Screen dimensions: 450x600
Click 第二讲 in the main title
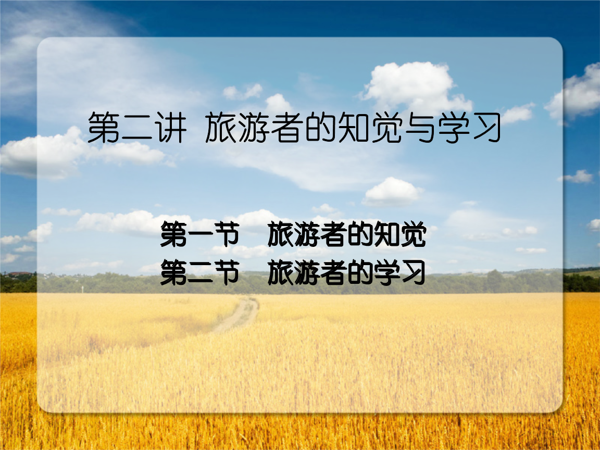pyautogui.click(x=136, y=128)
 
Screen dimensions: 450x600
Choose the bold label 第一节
pyautogui.click(x=199, y=235)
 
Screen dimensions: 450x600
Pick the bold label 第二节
pyautogui.click(x=199, y=273)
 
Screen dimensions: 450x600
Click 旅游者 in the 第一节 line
pyautogui.click(x=307, y=235)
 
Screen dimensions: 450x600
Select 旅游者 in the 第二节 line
pyautogui.click(x=307, y=273)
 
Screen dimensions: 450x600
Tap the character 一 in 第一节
pyautogui.click(x=199, y=236)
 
